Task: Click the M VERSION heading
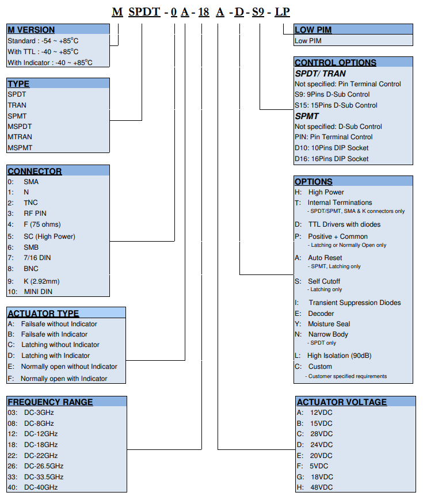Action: pos(31,30)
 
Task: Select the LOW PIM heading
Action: pos(313,30)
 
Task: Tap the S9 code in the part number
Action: pos(258,12)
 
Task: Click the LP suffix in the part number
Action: pos(283,12)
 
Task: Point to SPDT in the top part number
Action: pos(144,12)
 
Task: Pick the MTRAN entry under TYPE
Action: pos(20,137)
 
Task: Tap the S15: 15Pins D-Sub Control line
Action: pos(336,105)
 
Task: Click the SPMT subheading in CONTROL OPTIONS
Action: pos(307,116)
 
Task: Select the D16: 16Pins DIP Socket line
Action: pos(331,159)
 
